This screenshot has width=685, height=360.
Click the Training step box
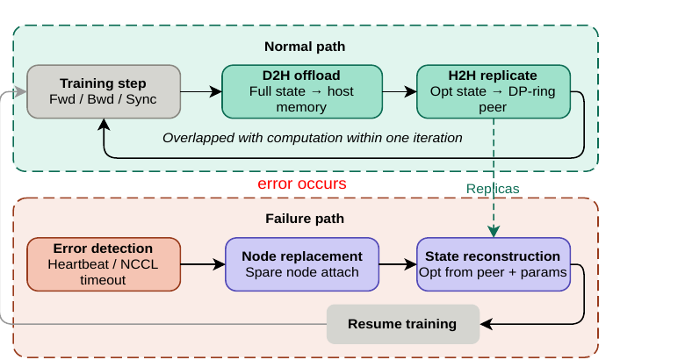coord(104,91)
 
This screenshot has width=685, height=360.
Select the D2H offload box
coord(302,91)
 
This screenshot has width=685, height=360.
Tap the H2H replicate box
coord(494,91)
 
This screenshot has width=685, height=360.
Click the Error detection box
coord(104,264)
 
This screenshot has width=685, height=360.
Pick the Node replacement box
coord(302,264)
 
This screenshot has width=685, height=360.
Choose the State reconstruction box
coord(494,264)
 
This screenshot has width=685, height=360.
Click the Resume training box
coord(403,324)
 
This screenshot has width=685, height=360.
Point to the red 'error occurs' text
coord(302,184)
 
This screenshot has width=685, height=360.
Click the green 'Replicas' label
coord(493,189)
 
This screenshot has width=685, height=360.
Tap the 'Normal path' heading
coord(305,47)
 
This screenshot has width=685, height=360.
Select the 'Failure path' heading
coord(305,219)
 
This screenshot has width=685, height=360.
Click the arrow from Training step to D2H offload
coord(201,91)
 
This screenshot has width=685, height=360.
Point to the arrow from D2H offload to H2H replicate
coord(400,91)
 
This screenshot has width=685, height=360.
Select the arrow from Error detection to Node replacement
coord(203,264)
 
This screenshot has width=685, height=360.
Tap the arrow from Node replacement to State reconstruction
coord(398,264)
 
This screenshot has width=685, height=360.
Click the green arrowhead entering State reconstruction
coord(494,231)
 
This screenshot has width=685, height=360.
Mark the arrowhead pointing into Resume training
coord(486,324)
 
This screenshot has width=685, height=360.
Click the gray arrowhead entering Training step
coord(20,91)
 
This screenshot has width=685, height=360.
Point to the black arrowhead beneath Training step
coord(104,125)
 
